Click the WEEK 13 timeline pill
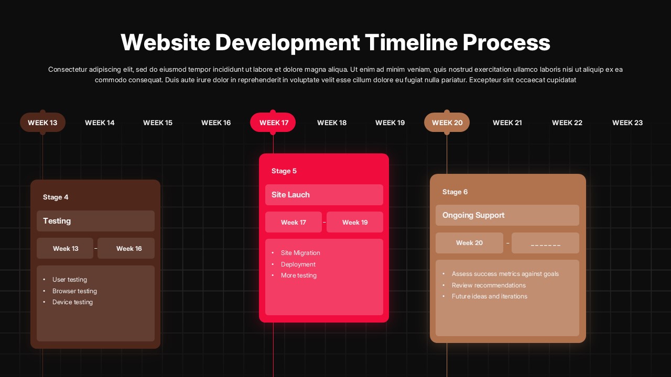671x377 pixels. (x=42, y=123)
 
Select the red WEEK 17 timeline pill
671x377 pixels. (x=273, y=123)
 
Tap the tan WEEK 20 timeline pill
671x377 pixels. (x=447, y=123)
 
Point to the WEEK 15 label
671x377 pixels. (x=158, y=123)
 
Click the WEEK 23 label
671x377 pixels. (x=627, y=123)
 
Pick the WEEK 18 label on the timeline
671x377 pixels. (x=332, y=123)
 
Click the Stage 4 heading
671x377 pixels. (x=56, y=197)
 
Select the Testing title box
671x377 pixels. (x=95, y=221)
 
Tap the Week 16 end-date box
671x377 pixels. (x=126, y=248)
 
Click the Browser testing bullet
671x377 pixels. (x=74, y=291)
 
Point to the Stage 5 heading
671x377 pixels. (x=284, y=171)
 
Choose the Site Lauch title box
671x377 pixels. (x=324, y=195)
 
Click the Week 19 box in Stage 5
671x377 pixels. (x=355, y=222)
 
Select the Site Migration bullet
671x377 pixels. (x=300, y=253)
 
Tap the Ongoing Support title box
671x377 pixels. (x=507, y=215)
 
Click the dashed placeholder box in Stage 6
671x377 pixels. (x=545, y=243)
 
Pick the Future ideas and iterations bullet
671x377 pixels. (x=489, y=296)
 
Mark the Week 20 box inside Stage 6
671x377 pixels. (x=469, y=243)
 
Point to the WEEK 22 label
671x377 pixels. (x=567, y=123)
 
